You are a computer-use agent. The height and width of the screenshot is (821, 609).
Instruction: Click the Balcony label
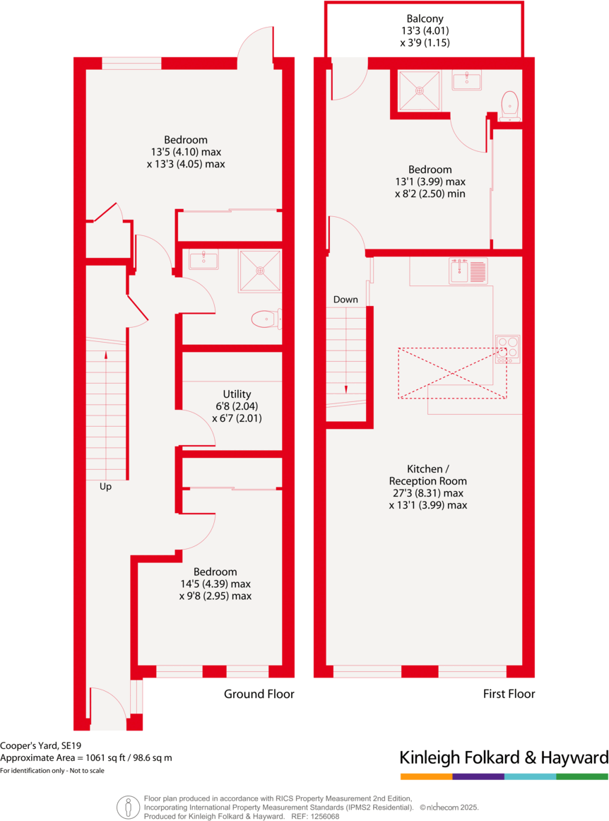click(x=425, y=18)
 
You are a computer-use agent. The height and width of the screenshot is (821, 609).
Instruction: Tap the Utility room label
click(x=237, y=394)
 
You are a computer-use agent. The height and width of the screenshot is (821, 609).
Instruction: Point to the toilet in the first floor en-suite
click(x=509, y=105)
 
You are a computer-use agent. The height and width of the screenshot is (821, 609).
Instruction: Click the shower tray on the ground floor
click(x=259, y=270)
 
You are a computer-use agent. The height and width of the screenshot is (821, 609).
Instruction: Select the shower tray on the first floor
click(x=420, y=90)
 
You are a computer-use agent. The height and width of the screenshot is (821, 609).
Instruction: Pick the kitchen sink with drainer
click(x=468, y=271)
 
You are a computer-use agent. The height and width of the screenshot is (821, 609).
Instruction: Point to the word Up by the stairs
click(x=105, y=487)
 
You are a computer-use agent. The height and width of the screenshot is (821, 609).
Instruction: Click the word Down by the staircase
click(x=345, y=300)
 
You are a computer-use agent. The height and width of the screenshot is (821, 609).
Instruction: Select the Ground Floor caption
click(x=259, y=694)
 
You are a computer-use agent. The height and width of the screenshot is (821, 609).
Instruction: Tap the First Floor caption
click(x=509, y=694)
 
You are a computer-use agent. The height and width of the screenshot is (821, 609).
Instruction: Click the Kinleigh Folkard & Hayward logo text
click(x=504, y=758)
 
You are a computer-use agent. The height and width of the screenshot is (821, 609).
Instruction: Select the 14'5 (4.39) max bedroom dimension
click(x=215, y=584)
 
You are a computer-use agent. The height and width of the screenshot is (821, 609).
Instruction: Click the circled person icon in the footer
click(x=128, y=806)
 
